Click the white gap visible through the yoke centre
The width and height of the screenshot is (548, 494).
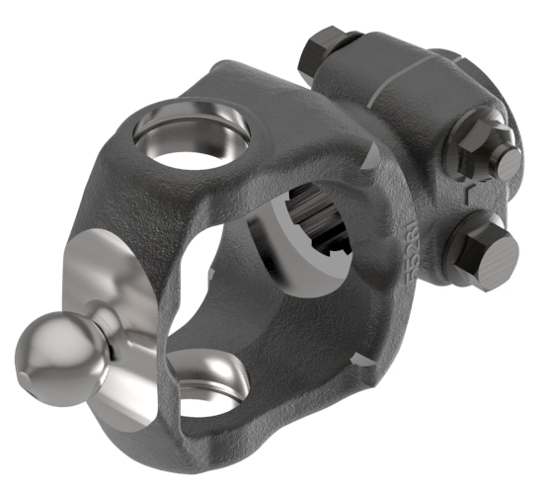click(222, 267)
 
